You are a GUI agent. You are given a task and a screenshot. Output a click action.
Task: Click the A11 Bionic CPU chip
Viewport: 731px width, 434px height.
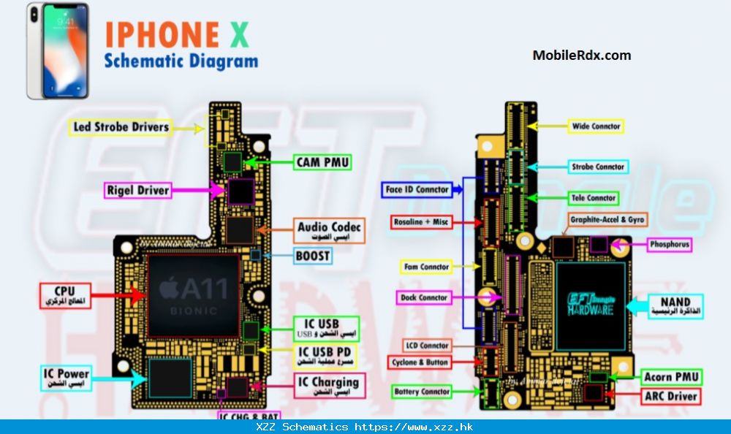(x=194, y=295)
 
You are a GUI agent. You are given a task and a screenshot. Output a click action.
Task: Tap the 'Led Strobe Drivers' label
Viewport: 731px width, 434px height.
(x=121, y=127)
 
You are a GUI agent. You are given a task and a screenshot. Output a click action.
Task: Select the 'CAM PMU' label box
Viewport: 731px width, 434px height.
(x=322, y=162)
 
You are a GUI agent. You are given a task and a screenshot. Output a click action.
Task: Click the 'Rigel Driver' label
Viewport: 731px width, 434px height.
(x=138, y=191)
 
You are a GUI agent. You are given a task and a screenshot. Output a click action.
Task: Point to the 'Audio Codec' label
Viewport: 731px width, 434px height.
(x=329, y=232)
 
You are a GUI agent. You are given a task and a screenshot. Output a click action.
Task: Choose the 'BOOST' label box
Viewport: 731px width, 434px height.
(x=313, y=256)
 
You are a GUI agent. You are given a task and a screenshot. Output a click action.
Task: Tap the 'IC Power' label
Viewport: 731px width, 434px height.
(x=66, y=378)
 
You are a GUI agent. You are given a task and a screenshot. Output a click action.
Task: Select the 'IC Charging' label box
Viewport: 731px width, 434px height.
(x=327, y=385)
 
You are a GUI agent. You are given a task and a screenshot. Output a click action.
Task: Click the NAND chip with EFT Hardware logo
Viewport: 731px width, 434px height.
(x=591, y=306)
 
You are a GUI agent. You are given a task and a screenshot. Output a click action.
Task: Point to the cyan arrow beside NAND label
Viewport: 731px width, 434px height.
(x=638, y=307)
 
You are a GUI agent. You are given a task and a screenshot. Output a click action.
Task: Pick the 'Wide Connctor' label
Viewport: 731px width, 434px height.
(x=596, y=126)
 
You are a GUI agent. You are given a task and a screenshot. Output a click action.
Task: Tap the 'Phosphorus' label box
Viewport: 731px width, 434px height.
(x=669, y=245)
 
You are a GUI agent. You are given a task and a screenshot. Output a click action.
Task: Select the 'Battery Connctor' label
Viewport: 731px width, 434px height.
(x=422, y=392)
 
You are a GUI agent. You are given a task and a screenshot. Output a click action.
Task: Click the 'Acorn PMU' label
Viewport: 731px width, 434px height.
(x=671, y=377)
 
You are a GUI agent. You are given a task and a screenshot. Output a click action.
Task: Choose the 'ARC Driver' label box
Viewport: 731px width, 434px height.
(x=671, y=397)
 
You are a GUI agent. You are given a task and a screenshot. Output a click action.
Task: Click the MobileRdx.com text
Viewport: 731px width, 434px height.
(x=581, y=55)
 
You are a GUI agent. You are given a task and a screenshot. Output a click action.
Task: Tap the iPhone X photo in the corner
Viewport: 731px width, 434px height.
(x=58, y=50)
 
